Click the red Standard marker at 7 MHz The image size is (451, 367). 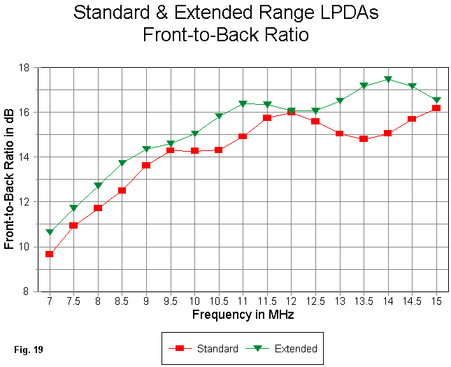pyautogui.click(x=50, y=254)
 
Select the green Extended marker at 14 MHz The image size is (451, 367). pyautogui.click(x=388, y=80)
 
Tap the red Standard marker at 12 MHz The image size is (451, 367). pyautogui.click(x=292, y=112)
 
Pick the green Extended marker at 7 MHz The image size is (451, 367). pyautogui.click(x=50, y=232)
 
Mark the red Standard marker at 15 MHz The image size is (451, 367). pyautogui.click(x=436, y=108)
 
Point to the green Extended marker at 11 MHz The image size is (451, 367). pyautogui.click(x=243, y=104)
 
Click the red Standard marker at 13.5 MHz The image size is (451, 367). pyautogui.click(x=364, y=138)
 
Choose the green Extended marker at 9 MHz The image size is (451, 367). pyautogui.click(x=146, y=149)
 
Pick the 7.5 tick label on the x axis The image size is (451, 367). pyautogui.click(x=73, y=301)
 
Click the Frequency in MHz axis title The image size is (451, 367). pyautogui.click(x=243, y=315)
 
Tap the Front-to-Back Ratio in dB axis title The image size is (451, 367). pyautogui.click(x=10, y=180)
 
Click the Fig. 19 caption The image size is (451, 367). pyautogui.click(x=28, y=347)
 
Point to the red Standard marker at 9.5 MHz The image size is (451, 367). pyautogui.click(x=171, y=150)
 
